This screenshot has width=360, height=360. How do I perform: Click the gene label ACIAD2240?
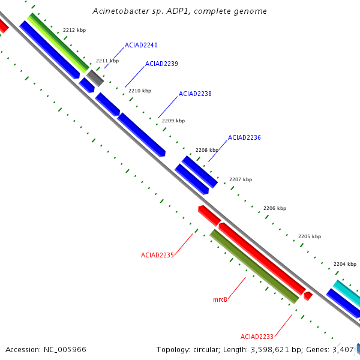coord(141,45)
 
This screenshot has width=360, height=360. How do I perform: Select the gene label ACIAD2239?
coord(161,64)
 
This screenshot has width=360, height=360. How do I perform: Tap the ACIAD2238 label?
coord(195,94)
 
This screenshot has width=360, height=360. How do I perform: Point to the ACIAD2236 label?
coord(244,137)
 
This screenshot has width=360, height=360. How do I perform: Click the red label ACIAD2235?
coord(157,256)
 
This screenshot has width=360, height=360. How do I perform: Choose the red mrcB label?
coord(220,299)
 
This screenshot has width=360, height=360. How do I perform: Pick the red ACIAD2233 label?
coord(257,337)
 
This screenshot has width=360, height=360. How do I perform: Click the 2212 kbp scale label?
coord(74,30)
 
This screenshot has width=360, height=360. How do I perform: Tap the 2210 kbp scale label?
coord(140,91)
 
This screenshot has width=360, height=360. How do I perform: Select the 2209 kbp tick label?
coord(173,121)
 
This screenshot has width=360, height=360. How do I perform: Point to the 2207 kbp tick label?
coord(241,179)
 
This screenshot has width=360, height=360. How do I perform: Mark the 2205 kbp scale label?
coord(310,236)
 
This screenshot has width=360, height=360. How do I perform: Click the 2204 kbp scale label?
coord(345,264)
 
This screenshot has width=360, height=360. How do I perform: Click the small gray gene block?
coord(95,78)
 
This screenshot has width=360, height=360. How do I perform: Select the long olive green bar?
coord(254,266)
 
